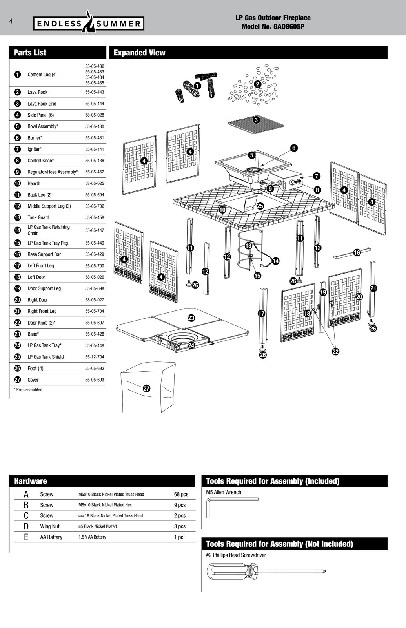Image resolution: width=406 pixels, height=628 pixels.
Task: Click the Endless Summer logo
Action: pos(89,22)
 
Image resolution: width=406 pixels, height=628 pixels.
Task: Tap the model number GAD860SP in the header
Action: pos(289,27)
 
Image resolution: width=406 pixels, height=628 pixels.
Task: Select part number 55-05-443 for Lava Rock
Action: pos(95,92)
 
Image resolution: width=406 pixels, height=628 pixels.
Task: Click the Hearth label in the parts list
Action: pos(34,183)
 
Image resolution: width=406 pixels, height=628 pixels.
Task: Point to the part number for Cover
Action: pos(95,380)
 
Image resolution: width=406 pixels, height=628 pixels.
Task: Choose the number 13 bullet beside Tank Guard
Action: pos(17,217)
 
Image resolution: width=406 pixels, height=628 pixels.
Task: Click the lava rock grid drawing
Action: pos(255,122)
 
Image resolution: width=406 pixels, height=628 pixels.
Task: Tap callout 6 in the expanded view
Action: pos(294,148)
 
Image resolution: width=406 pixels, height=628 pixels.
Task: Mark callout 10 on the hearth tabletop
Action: pos(222,210)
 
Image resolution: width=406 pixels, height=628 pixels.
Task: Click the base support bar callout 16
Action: pos(357,253)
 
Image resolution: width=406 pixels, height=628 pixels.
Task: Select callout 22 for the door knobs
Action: pos(335,352)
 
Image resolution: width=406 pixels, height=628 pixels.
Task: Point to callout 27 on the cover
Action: pos(147,388)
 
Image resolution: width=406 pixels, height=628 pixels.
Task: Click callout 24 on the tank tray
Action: pos(191,345)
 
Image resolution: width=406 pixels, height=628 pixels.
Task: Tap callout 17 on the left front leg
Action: pos(261,313)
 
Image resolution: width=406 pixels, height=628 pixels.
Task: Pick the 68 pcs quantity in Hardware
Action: pos(181,494)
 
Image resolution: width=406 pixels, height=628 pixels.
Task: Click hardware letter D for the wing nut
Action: pos(26,526)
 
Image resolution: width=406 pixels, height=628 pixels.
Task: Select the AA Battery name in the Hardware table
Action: pos(51,537)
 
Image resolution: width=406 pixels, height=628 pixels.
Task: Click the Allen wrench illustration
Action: pos(232,507)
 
